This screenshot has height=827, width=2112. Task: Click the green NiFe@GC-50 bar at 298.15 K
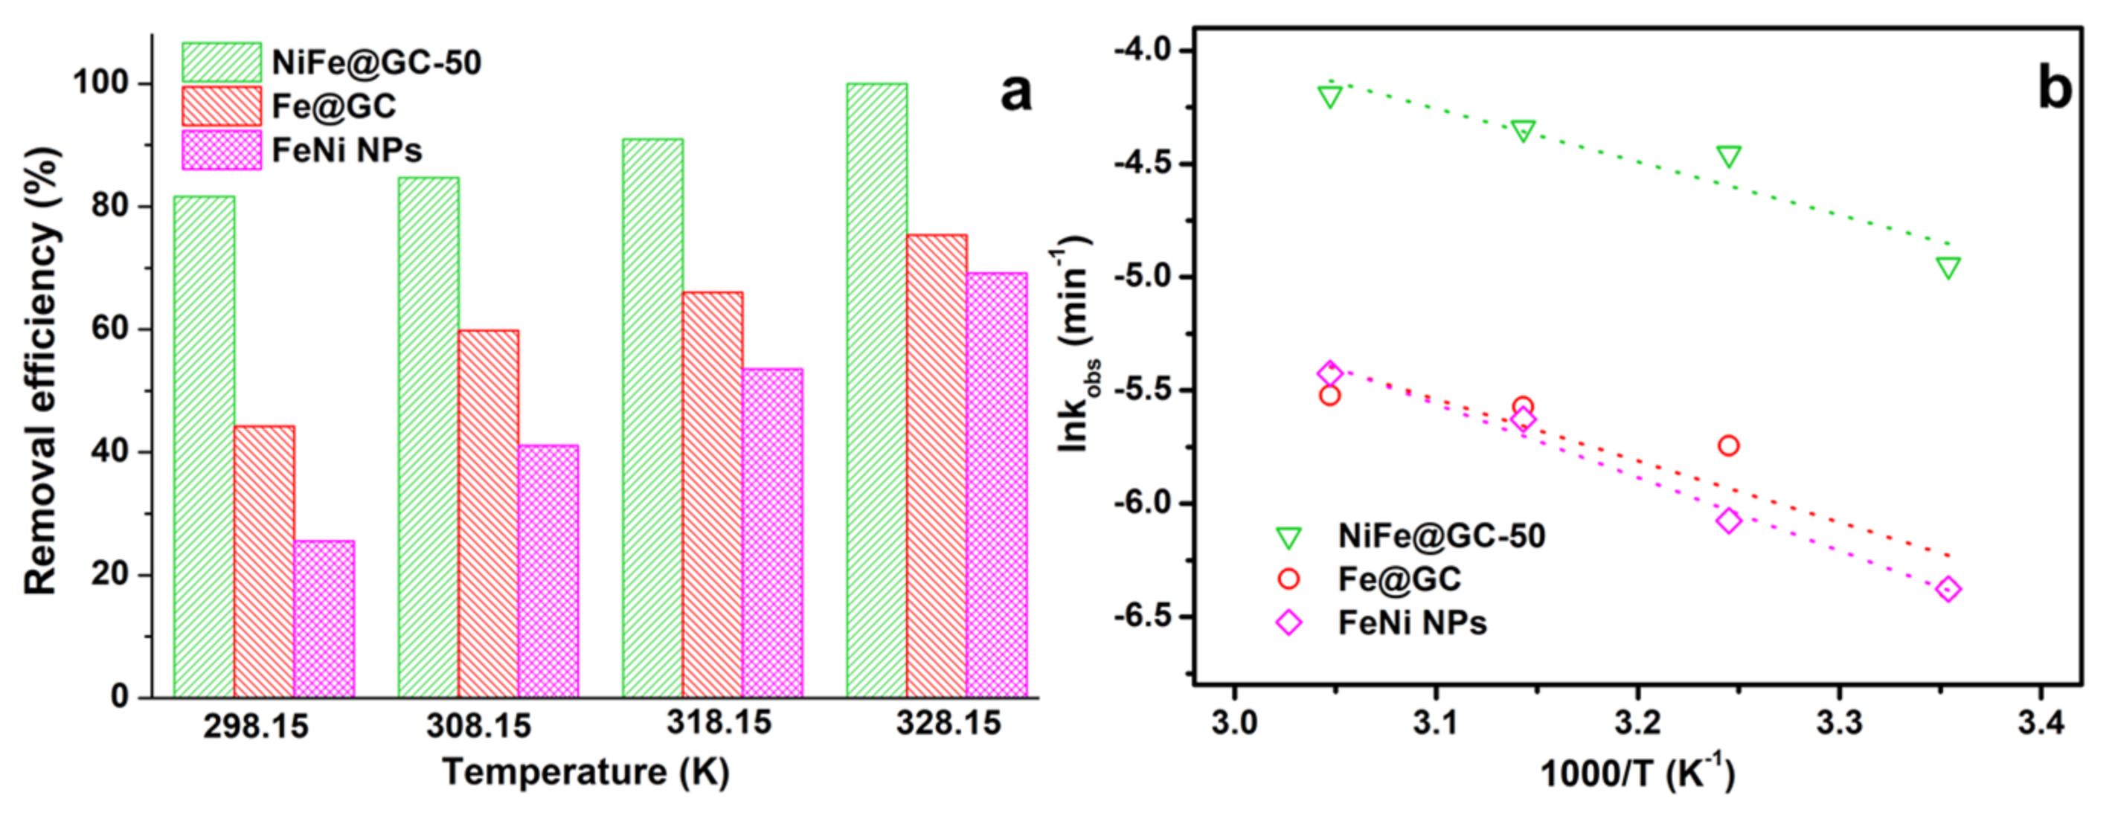click(x=204, y=447)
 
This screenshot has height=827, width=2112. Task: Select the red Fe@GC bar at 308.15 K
click(x=489, y=514)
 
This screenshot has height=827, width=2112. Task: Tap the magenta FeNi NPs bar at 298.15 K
click(x=324, y=619)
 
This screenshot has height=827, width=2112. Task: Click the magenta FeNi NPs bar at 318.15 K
click(x=772, y=532)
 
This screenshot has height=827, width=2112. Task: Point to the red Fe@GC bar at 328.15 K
click(x=937, y=466)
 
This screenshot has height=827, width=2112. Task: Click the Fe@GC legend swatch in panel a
click(x=222, y=106)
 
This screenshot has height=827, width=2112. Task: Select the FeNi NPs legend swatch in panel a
click(x=222, y=151)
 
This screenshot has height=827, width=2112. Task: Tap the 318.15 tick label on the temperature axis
click(x=719, y=723)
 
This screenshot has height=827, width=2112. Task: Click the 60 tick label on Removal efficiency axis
click(x=110, y=329)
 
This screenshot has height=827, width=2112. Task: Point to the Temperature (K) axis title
click(x=585, y=773)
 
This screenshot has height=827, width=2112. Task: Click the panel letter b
click(x=2055, y=89)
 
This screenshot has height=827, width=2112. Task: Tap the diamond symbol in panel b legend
click(x=1288, y=623)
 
